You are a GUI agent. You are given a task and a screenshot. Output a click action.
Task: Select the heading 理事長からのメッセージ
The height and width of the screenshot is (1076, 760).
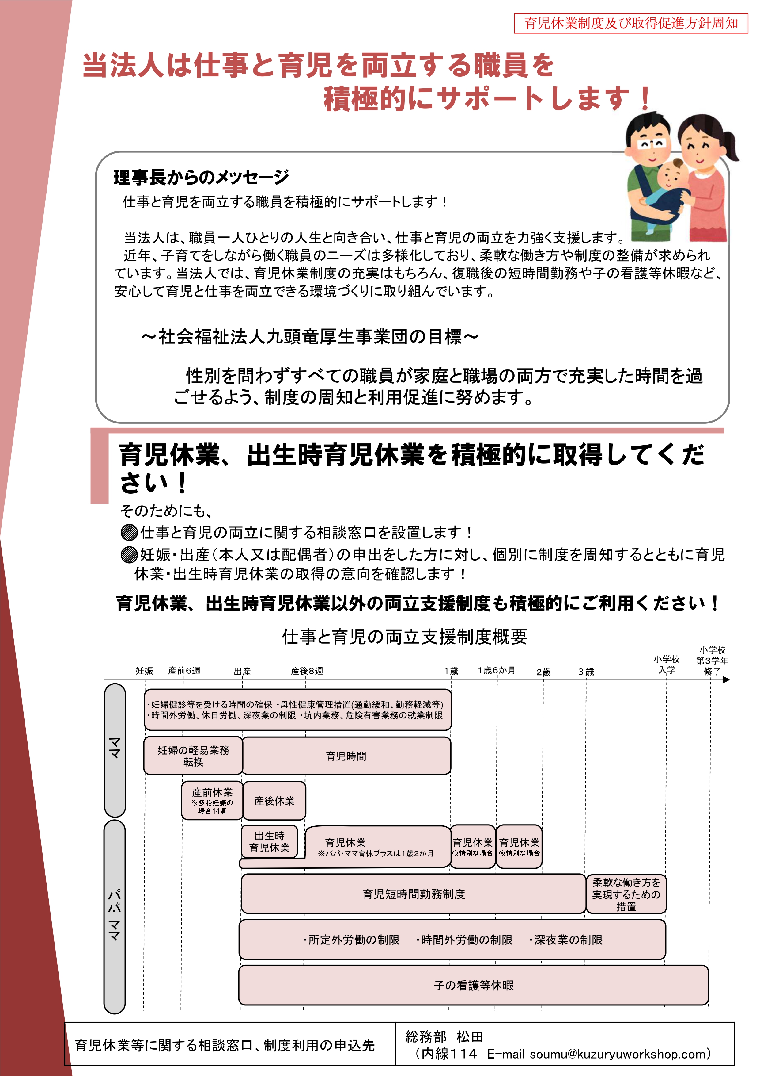point(201,177)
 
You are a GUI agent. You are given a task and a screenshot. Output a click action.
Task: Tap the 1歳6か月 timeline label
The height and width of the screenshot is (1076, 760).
point(496,670)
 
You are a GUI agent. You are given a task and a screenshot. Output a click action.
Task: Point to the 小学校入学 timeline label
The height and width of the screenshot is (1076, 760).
point(667,664)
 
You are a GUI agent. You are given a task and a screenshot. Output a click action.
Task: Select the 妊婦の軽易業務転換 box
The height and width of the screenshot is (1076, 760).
point(193,756)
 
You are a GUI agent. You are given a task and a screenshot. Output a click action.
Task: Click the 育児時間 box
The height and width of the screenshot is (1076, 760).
point(346,756)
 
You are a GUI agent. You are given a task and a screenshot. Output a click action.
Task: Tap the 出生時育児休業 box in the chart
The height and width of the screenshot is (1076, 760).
point(269,842)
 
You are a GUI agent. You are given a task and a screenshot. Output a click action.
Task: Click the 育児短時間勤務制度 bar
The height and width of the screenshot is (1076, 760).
point(414,894)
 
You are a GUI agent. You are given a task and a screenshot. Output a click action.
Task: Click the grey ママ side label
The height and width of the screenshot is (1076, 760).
point(115,750)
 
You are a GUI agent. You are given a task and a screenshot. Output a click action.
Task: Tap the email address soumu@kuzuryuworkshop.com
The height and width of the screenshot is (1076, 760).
point(619,1054)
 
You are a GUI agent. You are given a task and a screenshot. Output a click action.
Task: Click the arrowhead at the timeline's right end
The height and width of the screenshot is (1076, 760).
point(726,680)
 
